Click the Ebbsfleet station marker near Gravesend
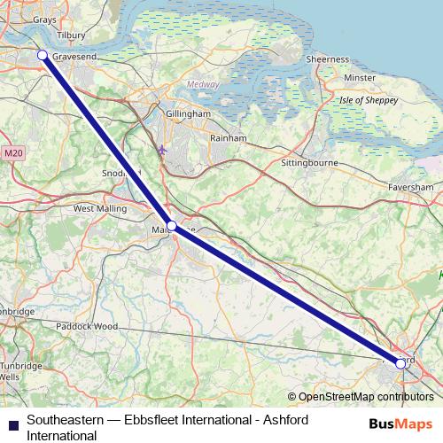pos(42,56)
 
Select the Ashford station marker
pos(400,363)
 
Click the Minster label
pos(360,78)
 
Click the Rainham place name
pos(227,138)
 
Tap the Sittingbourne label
pos(311,165)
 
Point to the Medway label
pos(202,85)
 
